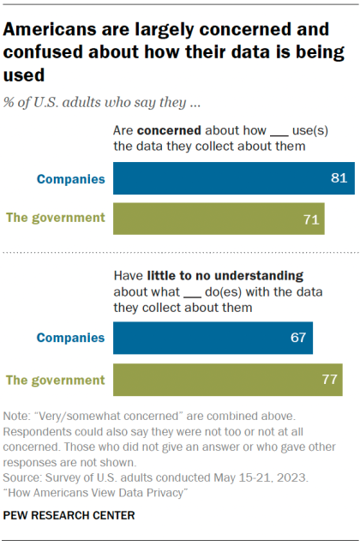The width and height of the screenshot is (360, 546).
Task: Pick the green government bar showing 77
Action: point(227,379)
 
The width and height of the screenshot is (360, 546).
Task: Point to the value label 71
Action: point(312,219)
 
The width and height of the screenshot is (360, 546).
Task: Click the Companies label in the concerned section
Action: point(70,180)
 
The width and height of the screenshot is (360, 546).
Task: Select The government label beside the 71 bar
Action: point(56,218)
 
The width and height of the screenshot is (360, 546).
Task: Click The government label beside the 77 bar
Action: point(56,379)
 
